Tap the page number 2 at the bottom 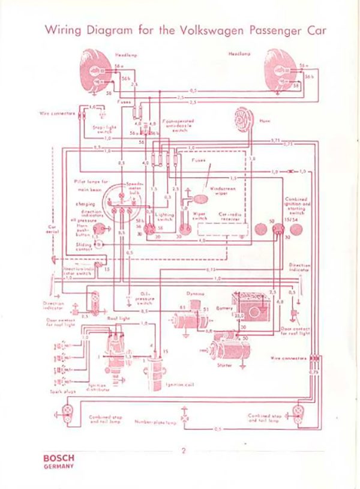click(x=184, y=451)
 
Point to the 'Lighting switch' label click(x=164, y=217)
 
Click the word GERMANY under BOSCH click(x=59, y=466)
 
